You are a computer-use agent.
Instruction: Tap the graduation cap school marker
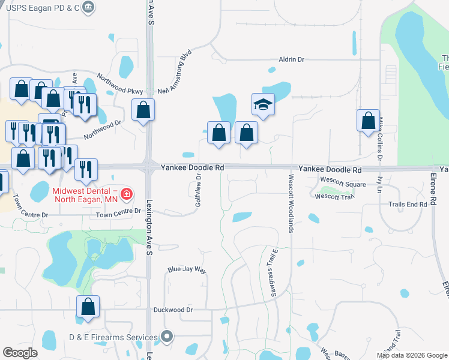pyautogui.click(x=263, y=105)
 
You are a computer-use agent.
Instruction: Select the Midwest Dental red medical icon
pyautogui.click(x=126, y=194)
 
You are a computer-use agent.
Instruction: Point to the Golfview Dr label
pyautogui.click(x=197, y=191)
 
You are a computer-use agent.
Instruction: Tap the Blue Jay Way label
pyautogui.click(x=187, y=271)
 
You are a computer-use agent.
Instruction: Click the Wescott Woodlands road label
pyautogui.click(x=291, y=204)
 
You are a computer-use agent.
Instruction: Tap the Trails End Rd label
pyautogui.click(x=407, y=205)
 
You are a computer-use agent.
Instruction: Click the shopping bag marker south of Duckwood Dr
pyautogui.click(x=88, y=307)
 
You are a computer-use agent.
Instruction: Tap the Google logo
pyautogui.click(x=20, y=352)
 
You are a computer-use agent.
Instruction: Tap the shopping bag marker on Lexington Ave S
pyautogui.click(x=143, y=110)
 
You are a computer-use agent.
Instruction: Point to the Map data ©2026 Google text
pyautogui.click(x=411, y=355)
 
